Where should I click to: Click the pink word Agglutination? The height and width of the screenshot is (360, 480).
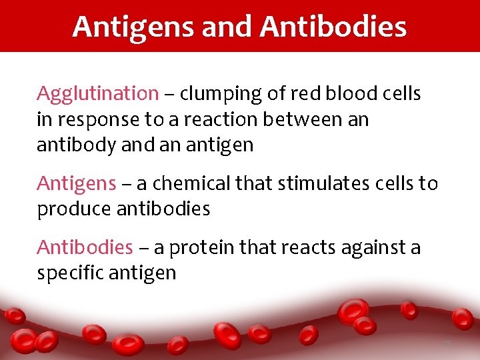97,94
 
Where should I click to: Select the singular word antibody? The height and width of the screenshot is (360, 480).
75,145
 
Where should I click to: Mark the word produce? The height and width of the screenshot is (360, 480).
74,209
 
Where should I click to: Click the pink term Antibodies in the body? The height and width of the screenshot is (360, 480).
85,247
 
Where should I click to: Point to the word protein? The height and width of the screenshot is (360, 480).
203,248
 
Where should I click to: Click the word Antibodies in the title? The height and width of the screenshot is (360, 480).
333,27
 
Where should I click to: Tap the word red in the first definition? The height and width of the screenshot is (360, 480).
308,93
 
